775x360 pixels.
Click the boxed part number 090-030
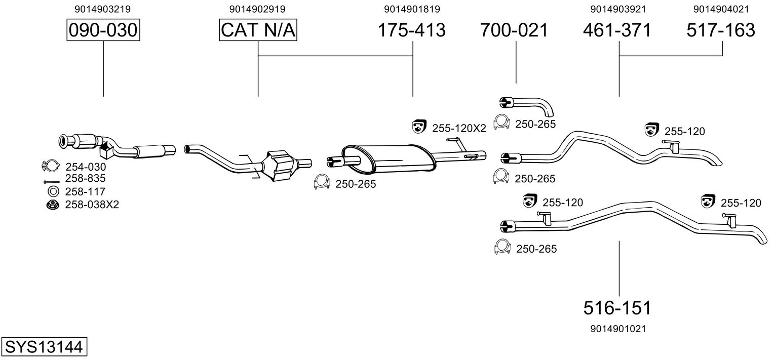[103, 30]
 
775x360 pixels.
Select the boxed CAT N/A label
[258, 30]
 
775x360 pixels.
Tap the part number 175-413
[412, 30]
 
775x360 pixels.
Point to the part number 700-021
[515, 30]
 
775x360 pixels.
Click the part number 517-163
[721, 30]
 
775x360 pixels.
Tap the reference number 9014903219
[103, 9]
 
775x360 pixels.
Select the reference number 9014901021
[618, 329]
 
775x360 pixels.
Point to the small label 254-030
[86, 166]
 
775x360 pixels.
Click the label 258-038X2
[92, 205]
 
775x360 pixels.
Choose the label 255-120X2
[459, 129]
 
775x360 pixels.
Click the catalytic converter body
[284, 163]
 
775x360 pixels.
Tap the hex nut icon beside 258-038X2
[52, 205]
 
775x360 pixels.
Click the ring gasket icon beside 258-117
[52, 191]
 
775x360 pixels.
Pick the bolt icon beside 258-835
[51, 180]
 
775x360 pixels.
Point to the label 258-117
[85, 191]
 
